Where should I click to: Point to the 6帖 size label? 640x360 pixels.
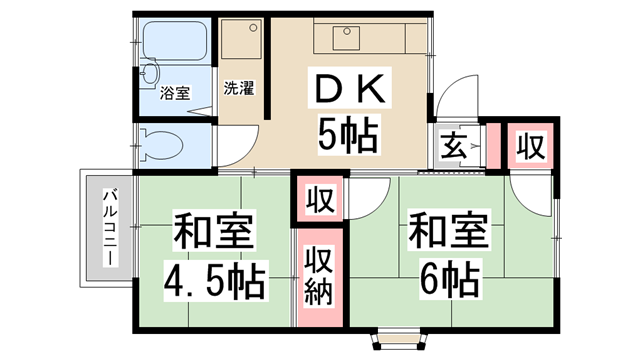click(448, 275)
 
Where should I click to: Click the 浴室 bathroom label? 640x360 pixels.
click(176, 93)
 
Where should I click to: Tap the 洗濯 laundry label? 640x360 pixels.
click(238, 87)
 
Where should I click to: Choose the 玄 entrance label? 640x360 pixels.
click(451, 147)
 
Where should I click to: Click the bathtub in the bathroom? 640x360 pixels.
click(175, 42)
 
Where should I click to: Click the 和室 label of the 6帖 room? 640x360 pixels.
click(447, 231)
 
